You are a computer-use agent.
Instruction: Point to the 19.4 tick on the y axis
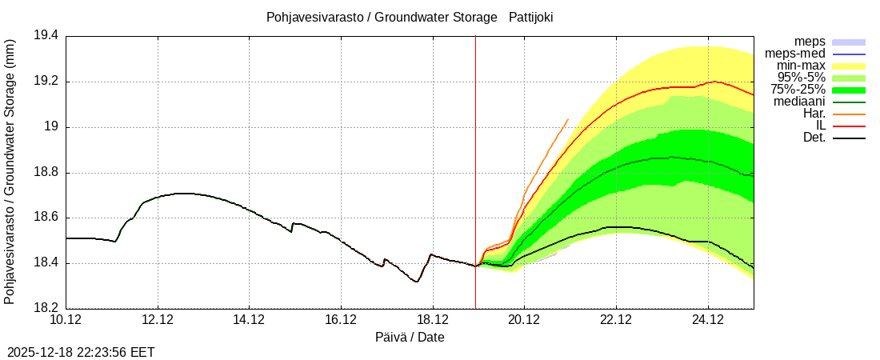46,36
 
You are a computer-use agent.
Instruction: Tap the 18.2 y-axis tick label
46,309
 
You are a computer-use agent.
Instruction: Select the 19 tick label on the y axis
52,127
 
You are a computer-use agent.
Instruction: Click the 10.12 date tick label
66,320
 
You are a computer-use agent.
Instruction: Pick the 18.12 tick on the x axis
433,320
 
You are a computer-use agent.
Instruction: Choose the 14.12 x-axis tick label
250,320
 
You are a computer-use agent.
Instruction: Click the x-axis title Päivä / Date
410,338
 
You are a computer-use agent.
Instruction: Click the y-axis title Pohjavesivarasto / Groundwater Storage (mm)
10,171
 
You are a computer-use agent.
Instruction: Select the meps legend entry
810,42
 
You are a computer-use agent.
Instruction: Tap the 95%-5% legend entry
801,78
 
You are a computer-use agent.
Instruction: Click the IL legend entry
820,126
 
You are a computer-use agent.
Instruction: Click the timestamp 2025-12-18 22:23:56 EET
81,352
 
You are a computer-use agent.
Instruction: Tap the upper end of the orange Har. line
568,119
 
